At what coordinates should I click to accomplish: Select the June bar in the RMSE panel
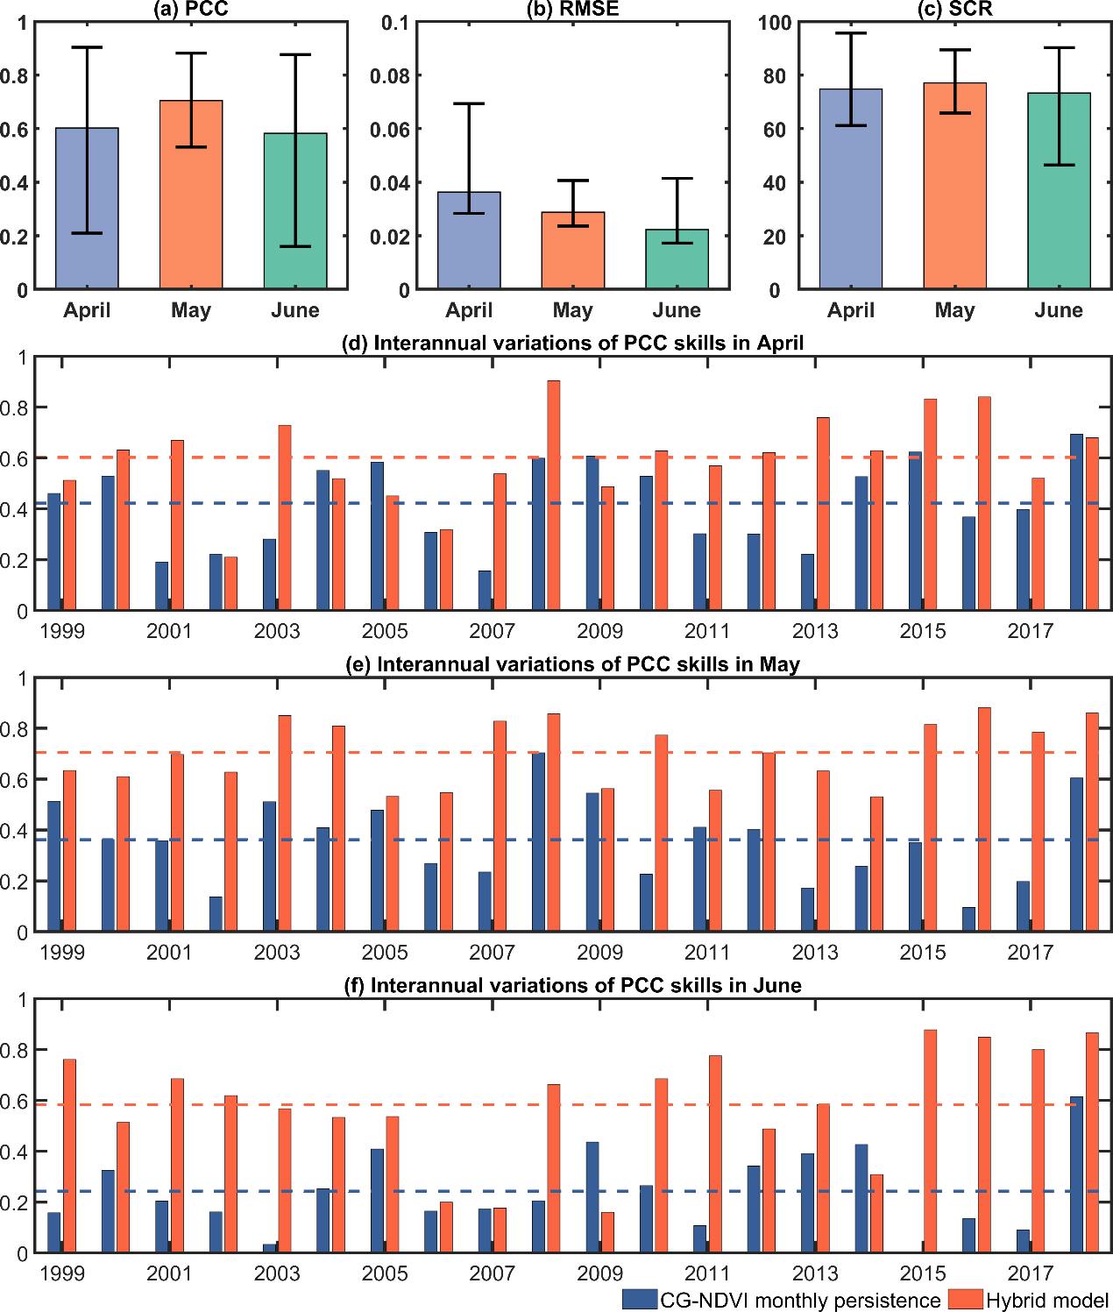point(677,259)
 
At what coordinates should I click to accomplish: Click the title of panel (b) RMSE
point(572,10)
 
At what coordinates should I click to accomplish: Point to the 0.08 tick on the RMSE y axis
point(389,76)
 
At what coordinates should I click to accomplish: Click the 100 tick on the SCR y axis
point(775,23)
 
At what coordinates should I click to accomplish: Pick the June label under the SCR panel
point(1059,310)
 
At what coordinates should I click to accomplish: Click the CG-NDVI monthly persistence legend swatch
point(640,1299)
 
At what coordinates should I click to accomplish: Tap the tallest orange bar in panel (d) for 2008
point(554,495)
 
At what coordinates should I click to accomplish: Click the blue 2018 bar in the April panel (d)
point(1076,522)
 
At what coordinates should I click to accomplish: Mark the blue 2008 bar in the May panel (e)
point(538,841)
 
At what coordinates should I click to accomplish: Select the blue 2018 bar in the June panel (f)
point(1076,1174)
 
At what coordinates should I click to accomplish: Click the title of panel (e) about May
point(572,664)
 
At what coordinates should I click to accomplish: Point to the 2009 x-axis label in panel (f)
point(599,1273)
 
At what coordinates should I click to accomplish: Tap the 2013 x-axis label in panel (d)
point(815,631)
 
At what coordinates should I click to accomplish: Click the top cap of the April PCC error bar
point(87,47)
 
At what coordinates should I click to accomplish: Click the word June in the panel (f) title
point(777,986)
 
